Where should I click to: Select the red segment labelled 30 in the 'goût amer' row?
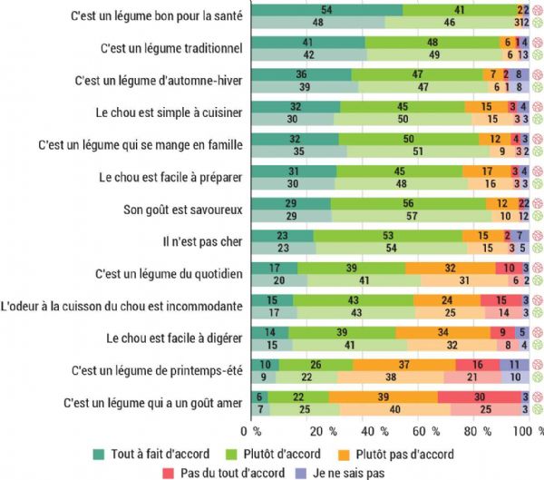[479, 397]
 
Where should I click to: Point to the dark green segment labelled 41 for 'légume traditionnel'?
[308, 42]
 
